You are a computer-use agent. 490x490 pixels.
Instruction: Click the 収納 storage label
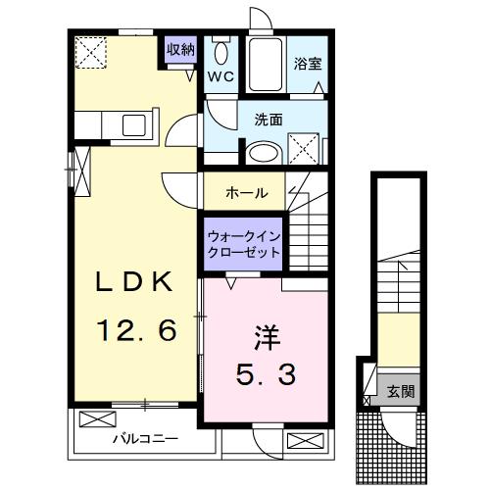180,49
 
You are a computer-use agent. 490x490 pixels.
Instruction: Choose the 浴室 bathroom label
307,64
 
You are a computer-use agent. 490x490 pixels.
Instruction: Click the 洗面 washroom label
269,121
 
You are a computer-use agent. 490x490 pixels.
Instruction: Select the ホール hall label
246,193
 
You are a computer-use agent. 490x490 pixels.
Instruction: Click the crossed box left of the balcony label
96,419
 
